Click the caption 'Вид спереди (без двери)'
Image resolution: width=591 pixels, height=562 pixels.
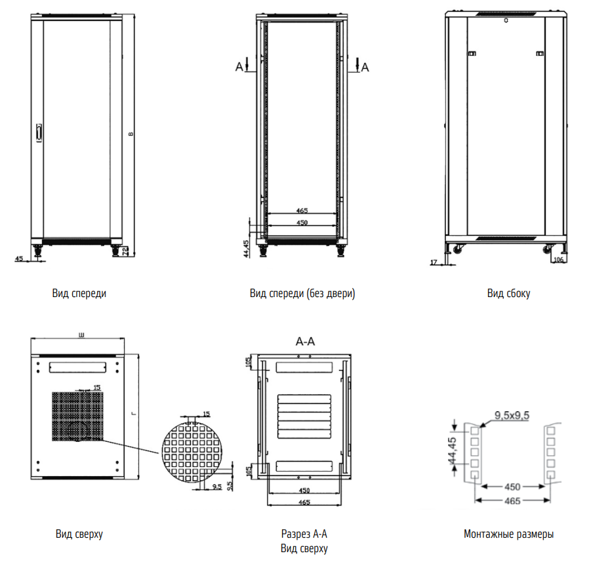click(x=302, y=294)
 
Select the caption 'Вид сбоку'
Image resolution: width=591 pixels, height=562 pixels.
click(x=508, y=294)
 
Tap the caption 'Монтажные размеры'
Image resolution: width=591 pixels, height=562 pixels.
click(x=508, y=534)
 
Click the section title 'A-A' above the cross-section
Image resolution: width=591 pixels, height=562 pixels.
click(x=306, y=342)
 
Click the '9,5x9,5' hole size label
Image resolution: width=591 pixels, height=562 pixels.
click(x=512, y=414)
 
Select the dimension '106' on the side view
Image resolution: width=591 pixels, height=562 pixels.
click(x=559, y=260)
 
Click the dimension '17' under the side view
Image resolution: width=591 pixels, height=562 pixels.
click(x=434, y=262)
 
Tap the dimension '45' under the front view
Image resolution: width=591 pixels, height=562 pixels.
click(x=19, y=259)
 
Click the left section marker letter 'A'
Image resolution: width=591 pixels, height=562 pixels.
click(x=239, y=66)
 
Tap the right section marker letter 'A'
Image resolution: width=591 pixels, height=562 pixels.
click(x=365, y=66)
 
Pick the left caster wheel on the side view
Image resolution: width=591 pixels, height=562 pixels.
click(x=457, y=249)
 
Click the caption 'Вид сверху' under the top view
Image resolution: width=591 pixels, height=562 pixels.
click(x=79, y=534)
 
